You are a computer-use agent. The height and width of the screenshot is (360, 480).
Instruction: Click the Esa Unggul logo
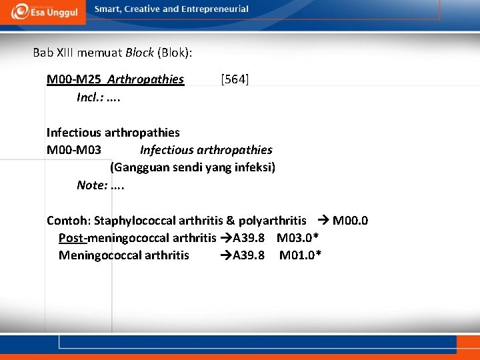tap(44, 11)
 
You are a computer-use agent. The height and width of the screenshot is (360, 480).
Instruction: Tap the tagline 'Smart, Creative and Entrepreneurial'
tap(171, 9)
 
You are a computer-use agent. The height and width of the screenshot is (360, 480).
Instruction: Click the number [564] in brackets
tap(235, 80)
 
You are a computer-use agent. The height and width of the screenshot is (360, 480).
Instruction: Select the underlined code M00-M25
tap(75, 80)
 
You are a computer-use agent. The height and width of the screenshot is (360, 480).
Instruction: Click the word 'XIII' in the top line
tap(65, 52)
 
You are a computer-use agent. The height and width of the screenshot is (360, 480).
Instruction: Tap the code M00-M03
tap(74, 150)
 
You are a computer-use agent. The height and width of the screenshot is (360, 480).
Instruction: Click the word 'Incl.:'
tap(92, 97)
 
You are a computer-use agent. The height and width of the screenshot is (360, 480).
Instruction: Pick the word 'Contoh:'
tap(69, 221)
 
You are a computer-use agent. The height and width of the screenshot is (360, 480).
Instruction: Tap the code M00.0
tap(351, 221)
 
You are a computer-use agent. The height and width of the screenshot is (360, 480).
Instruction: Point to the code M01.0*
tap(301, 255)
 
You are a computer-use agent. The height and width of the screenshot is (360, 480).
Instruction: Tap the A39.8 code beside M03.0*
tap(248, 238)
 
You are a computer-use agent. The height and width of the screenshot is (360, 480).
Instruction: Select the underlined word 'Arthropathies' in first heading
tap(145, 80)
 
